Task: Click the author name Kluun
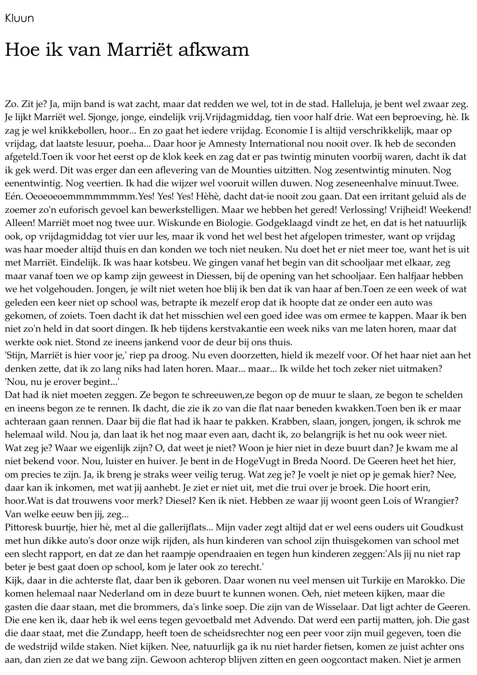pyautogui.click(x=19, y=18)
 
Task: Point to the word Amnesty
pyautogui.click(x=226, y=144)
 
